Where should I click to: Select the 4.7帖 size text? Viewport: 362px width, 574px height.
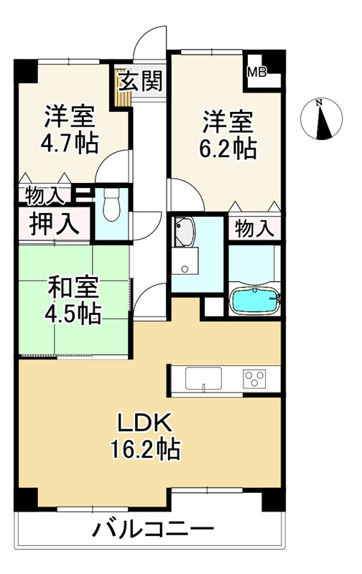point(69,142)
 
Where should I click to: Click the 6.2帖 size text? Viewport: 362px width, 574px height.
point(227,148)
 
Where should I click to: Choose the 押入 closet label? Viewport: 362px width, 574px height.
point(54,223)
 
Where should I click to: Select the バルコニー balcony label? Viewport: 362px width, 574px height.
point(152,532)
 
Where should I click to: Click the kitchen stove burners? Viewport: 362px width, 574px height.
point(255,377)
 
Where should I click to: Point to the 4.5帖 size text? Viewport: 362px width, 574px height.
point(74,314)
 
